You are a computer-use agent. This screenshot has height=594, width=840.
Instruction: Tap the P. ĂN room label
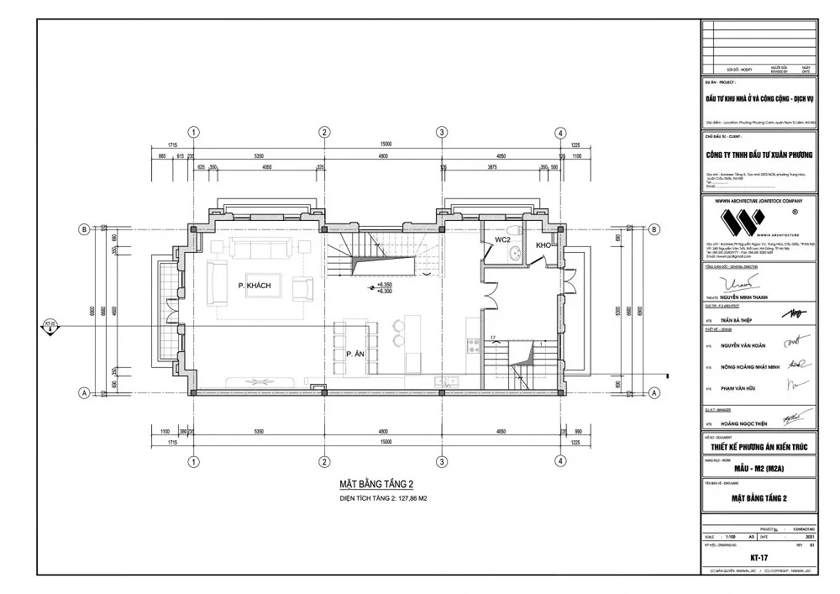[353, 355]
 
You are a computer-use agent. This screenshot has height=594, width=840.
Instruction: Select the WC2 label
[503, 240]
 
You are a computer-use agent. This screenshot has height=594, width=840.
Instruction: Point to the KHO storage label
[543, 245]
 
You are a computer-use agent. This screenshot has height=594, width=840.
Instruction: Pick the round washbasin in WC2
[518, 252]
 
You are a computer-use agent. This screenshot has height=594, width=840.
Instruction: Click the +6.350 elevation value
[386, 286]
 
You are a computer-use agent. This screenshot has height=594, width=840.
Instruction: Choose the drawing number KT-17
[759, 557]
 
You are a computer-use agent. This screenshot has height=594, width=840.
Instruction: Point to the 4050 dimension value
[266, 168]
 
